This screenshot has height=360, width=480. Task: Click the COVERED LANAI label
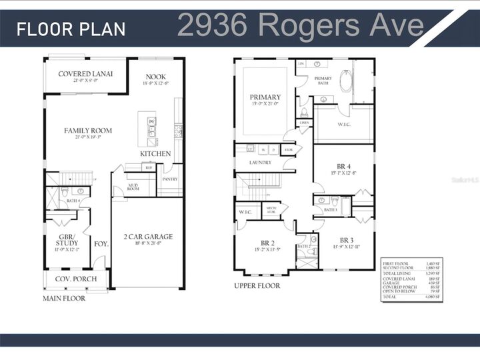(x=85, y=74)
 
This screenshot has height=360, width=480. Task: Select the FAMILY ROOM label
(x=88, y=131)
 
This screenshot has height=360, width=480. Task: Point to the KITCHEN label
(x=155, y=154)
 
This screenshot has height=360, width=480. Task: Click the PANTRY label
(x=169, y=179)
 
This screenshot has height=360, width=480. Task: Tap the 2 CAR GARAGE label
(x=148, y=237)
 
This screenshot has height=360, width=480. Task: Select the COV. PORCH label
(x=75, y=279)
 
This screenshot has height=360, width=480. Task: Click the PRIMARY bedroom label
(x=265, y=97)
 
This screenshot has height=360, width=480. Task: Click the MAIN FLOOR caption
(x=65, y=299)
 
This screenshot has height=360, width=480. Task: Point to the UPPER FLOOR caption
(x=257, y=285)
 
